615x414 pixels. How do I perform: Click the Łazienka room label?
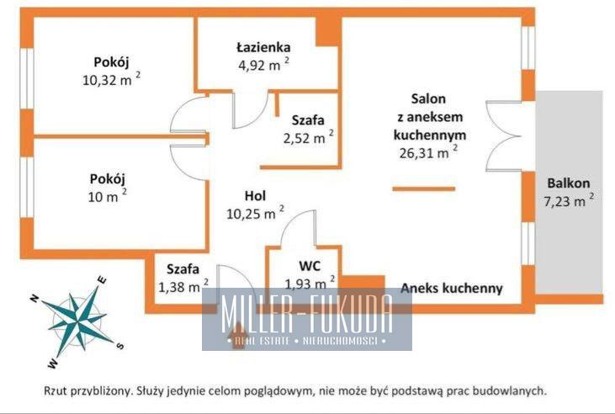(x=263, y=47)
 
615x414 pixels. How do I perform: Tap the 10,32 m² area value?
(x=111, y=80)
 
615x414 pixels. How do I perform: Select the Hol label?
(x=255, y=195)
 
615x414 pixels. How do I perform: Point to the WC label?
(x=310, y=266)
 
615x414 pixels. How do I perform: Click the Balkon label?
(x=569, y=183)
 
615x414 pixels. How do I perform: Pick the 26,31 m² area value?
(x=428, y=152)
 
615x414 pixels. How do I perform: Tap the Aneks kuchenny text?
(x=452, y=288)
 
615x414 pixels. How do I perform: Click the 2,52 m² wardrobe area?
(x=309, y=138)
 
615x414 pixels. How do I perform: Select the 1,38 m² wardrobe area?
(x=183, y=286)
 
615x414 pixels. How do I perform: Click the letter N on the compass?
(x=34, y=299)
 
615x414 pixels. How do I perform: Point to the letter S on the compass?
(x=120, y=345)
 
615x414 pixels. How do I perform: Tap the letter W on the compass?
(x=53, y=364)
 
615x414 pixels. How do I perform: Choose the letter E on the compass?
(x=102, y=280)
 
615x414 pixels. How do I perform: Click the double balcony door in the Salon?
(x=504, y=136)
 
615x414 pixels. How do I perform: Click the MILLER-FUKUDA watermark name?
(x=307, y=313)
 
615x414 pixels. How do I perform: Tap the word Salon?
(x=428, y=98)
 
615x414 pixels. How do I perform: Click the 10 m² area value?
(x=108, y=196)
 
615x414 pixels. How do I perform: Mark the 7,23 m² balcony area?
(x=569, y=201)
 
